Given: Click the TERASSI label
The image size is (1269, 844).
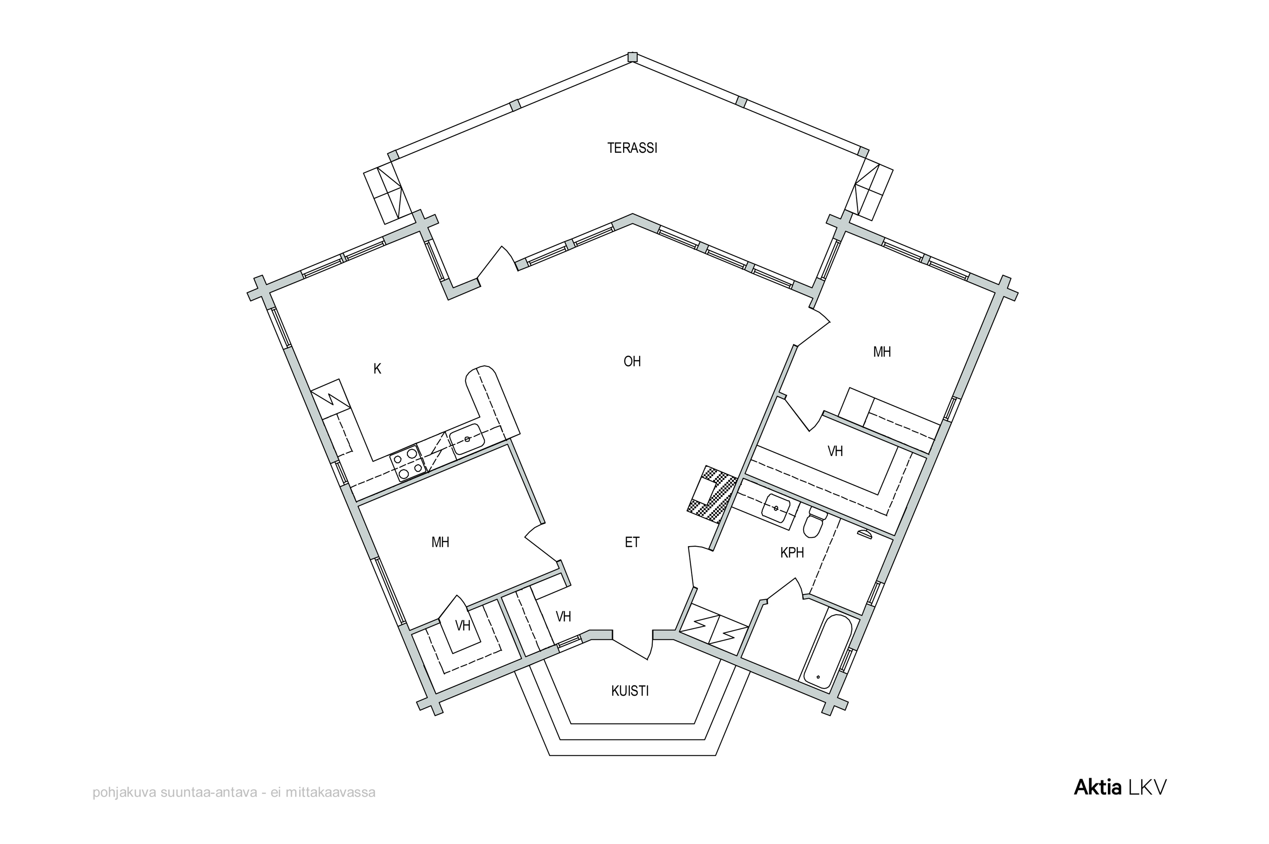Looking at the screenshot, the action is (x=632, y=148).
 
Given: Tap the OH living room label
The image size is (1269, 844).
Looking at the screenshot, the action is (x=632, y=361).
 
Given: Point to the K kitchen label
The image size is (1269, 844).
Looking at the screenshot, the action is (x=377, y=369).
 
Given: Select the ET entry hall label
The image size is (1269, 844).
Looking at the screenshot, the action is (x=632, y=542).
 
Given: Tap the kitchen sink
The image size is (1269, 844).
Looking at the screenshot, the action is (x=467, y=439).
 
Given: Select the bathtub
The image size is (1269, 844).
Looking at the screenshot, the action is (x=825, y=652).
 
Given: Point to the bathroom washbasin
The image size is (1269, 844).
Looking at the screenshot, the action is (x=776, y=508).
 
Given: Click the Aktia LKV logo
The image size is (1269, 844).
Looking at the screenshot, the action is (x=1120, y=787).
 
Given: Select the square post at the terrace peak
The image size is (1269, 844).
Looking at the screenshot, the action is (x=633, y=57).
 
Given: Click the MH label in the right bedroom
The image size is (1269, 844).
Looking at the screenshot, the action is (x=882, y=352).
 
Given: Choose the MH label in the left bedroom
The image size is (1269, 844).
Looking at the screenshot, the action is (x=440, y=542).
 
